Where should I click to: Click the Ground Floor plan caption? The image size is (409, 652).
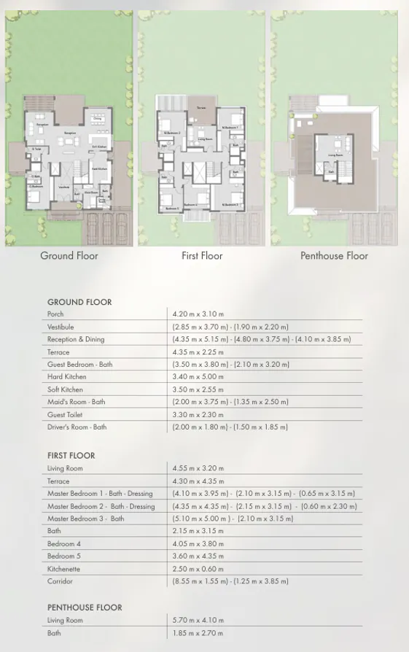pyautogui.click(x=69, y=256)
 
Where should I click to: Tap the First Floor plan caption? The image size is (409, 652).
pyautogui.click(x=202, y=256)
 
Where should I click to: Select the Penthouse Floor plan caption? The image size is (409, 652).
pyautogui.click(x=334, y=256)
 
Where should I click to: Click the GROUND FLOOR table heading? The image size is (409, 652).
pyautogui.click(x=79, y=302)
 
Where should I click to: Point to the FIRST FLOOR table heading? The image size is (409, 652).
pyautogui.click(x=71, y=456)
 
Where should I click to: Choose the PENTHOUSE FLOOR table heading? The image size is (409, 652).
pyautogui.click(x=85, y=608)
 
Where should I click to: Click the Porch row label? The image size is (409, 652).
pyautogui.click(x=55, y=314)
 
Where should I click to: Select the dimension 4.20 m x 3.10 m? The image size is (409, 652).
pyautogui.click(x=198, y=314)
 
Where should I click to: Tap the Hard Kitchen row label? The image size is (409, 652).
pyautogui.click(x=66, y=377)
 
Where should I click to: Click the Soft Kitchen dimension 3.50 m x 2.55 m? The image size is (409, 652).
pyautogui.click(x=198, y=389)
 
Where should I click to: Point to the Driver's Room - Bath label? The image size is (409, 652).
pyautogui.click(x=77, y=427)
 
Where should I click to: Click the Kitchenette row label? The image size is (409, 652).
pyautogui.click(x=64, y=569)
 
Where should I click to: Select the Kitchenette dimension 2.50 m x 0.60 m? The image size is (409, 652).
pyautogui.click(x=198, y=569)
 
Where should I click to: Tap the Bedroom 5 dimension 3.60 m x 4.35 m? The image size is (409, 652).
pyautogui.click(x=198, y=556)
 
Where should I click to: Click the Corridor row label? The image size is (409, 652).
pyautogui.click(x=61, y=581)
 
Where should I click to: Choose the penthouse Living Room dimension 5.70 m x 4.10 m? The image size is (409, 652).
pyautogui.click(x=198, y=621)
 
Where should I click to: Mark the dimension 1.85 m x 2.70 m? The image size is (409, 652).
pyautogui.click(x=198, y=633)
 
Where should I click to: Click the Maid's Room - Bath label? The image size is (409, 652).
pyautogui.click(x=76, y=402)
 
